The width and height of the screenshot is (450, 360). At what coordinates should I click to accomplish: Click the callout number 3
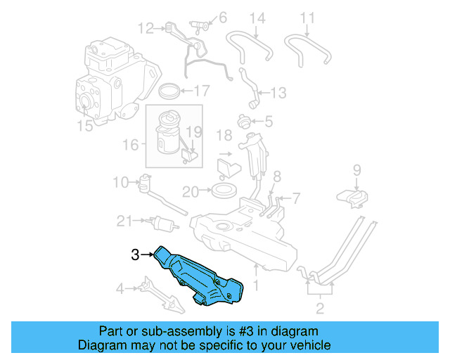(135, 256)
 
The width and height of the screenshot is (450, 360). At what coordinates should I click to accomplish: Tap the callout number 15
(85, 127)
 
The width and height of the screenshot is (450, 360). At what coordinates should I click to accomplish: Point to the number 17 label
(201, 91)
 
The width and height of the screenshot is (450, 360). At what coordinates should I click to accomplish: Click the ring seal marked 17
(169, 91)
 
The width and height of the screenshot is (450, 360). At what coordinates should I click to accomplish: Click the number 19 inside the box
(193, 131)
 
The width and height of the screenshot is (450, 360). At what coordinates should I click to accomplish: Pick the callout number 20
(191, 191)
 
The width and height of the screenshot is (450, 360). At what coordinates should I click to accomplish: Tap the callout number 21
(124, 221)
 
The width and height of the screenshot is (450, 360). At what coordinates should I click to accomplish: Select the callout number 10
(120, 182)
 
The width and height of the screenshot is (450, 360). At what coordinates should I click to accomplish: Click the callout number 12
(146, 29)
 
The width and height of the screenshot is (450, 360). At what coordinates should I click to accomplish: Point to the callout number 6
(222, 16)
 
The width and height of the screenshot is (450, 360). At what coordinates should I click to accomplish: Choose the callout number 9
(356, 169)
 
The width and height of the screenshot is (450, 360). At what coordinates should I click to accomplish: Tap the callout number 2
(320, 308)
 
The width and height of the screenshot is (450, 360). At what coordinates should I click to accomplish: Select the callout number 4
(120, 288)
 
